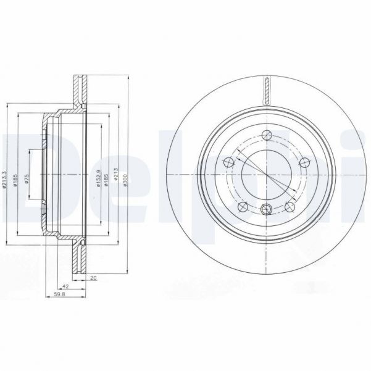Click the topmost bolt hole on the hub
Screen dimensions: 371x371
pos(267,136)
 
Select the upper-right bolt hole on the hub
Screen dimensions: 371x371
pos(304,164)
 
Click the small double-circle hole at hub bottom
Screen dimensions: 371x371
pos(267,209)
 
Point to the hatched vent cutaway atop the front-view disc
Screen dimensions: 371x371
pos(267,90)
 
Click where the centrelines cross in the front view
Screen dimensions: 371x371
pos(267,176)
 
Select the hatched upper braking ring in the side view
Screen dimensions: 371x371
pos(79,91)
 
